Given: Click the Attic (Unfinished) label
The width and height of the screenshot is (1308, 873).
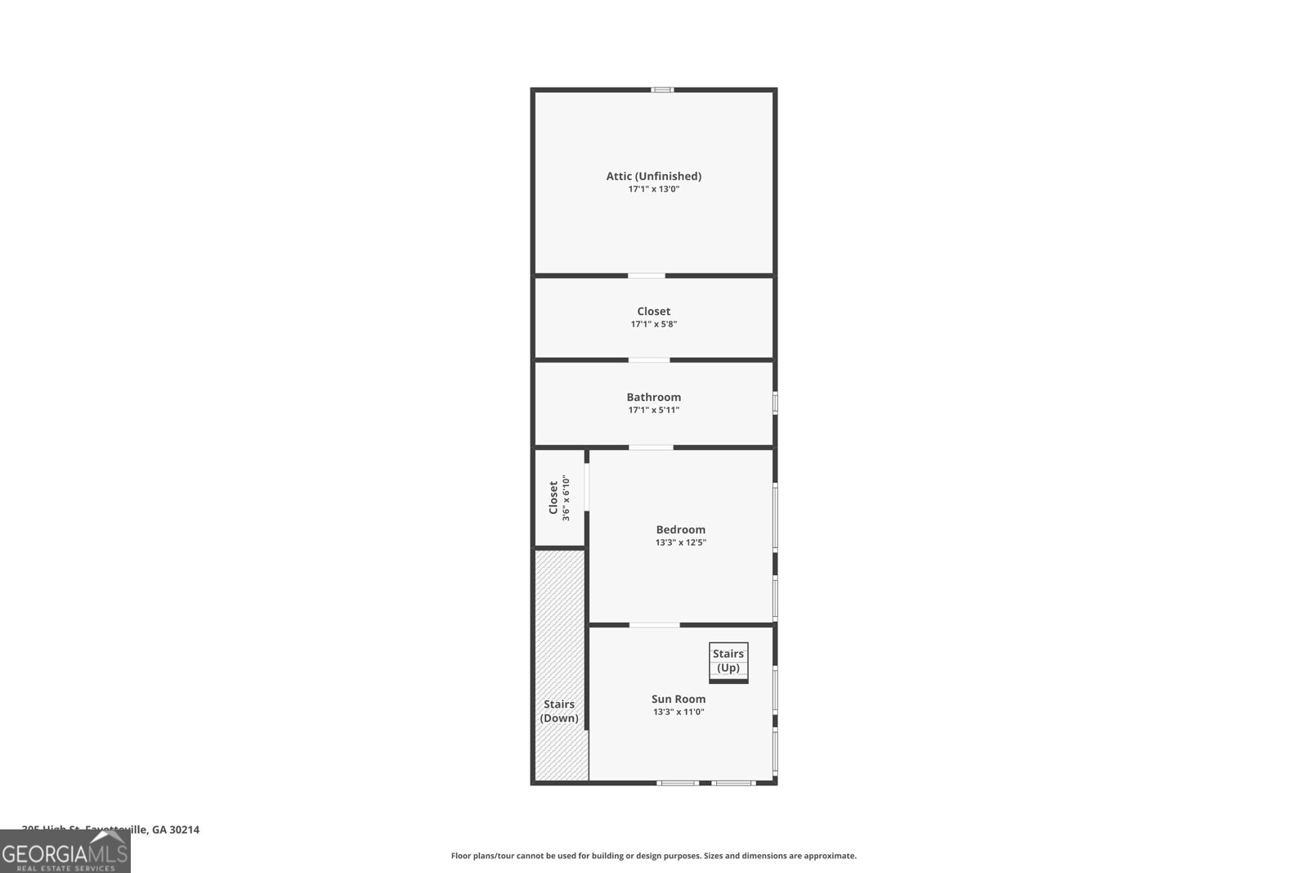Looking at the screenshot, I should [x=653, y=176].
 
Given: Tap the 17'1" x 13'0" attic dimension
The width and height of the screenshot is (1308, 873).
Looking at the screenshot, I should [x=653, y=189].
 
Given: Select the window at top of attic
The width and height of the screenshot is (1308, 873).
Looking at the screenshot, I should [x=662, y=89].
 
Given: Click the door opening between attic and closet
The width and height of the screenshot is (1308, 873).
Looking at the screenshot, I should [x=646, y=276].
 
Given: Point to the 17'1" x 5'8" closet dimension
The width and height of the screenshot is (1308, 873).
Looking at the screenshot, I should [x=653, y=324].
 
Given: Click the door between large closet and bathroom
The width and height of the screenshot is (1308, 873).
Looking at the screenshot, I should [x=648, y=360].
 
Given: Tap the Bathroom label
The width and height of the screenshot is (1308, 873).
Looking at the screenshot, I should [x=653, y=397].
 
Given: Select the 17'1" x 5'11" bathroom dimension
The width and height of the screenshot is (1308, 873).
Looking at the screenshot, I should [x=653, y=410].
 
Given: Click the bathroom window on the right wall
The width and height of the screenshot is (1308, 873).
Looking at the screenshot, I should [x=775, y=403].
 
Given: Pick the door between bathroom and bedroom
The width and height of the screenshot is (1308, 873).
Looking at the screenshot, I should [x=651, y=448].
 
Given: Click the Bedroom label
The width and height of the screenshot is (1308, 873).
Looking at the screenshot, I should [x=680, y=529].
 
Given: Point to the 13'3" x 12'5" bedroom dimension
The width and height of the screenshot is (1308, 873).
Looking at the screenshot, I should [x=680, y=542].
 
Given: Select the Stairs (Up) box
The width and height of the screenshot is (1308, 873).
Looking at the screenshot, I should [x=728, y=661].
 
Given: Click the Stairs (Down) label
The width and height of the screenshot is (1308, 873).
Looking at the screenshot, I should [x=559, y=711].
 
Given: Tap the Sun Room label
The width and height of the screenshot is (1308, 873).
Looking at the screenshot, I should [x=678, y=699].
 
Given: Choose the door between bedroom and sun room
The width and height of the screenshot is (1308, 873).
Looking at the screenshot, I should [x=654, y=625].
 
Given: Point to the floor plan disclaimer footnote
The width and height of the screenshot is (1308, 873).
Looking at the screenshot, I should [x=653, y=856].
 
